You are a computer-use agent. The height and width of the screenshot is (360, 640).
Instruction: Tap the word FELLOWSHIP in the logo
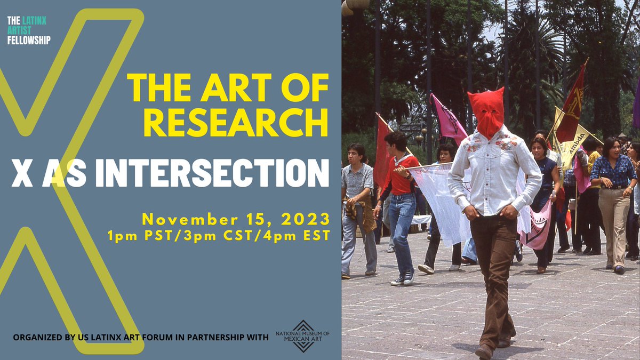pyautogui.click(x=29, y=40)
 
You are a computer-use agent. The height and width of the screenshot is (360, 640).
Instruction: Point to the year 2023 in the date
pyautogui.click(x=303, y=219)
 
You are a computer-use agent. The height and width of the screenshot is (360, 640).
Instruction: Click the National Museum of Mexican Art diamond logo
pyautogui.click(x=302, y=336)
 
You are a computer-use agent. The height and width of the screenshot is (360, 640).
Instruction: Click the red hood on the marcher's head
pyautogui.click(x=486, y=112)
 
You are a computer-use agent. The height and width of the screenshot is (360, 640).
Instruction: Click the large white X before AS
pyautogui.click(x=22, y=173)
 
